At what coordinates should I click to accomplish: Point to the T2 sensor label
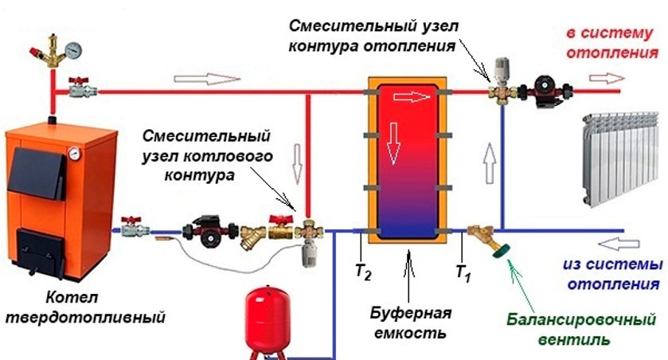pyautogui.click(x=363, y=272)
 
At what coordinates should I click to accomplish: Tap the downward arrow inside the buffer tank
pyautogui.click(x=393, y=143)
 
